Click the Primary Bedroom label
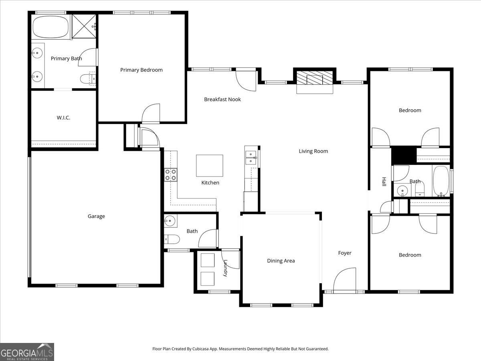click(141, 70)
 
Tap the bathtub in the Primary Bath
click(51, 27)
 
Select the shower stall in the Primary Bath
click(84, 26)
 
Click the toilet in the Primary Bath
click(88, 79)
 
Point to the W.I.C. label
click(63, 118)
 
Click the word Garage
click(96, 216)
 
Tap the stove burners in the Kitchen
click(171, 175)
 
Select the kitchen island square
click(210, 166)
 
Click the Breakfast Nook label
click(222, 99)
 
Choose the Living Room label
click(313, 151)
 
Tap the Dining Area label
click(281, 261)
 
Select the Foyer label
click(345, 253)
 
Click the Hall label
click(384, 181)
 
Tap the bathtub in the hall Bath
click(441, 181)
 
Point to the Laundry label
click(225, 268)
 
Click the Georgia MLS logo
click(27, 352)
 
